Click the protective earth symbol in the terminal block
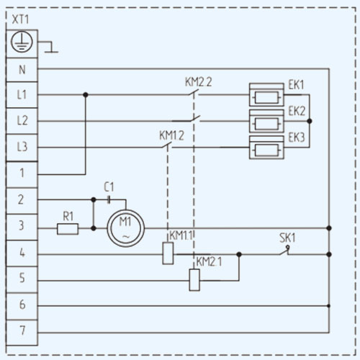[22, 42]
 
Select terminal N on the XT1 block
[22, 70]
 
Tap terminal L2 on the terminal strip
[22, 121]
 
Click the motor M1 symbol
[126, 228]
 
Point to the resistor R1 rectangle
[68, 229]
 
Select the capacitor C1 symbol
[109, 199]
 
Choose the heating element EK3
[266, 148]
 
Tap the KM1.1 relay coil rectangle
[168, 253]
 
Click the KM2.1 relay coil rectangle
[194, 280]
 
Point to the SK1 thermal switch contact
[285, 251]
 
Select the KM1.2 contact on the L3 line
[166, 145]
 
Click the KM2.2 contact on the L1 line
[194, 93]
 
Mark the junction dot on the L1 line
[86, 95]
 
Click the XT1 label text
[20, 19]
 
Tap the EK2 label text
[297, 111]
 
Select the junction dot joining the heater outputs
[310, 121]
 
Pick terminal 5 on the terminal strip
[22, 279]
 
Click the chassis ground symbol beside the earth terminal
[50, 47]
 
